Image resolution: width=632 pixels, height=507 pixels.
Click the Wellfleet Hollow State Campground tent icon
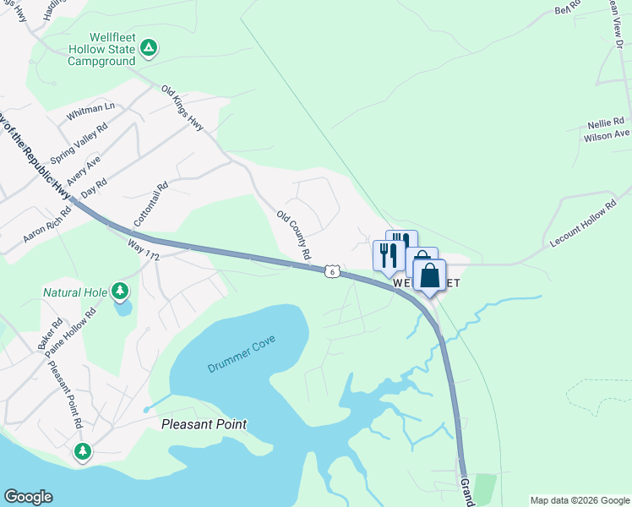[148, 47]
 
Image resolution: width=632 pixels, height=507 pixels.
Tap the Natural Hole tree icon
[120, 292]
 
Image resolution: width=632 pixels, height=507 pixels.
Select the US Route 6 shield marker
[334, 271]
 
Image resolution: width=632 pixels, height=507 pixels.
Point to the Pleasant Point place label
[204, 423]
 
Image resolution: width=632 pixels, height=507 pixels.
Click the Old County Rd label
[294, 235]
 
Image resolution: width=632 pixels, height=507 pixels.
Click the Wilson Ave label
[606, 134]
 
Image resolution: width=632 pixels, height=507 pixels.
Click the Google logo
[28, 497]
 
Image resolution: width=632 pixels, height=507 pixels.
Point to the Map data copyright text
[579, 500]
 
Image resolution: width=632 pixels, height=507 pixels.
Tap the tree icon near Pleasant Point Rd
[82, 450]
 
